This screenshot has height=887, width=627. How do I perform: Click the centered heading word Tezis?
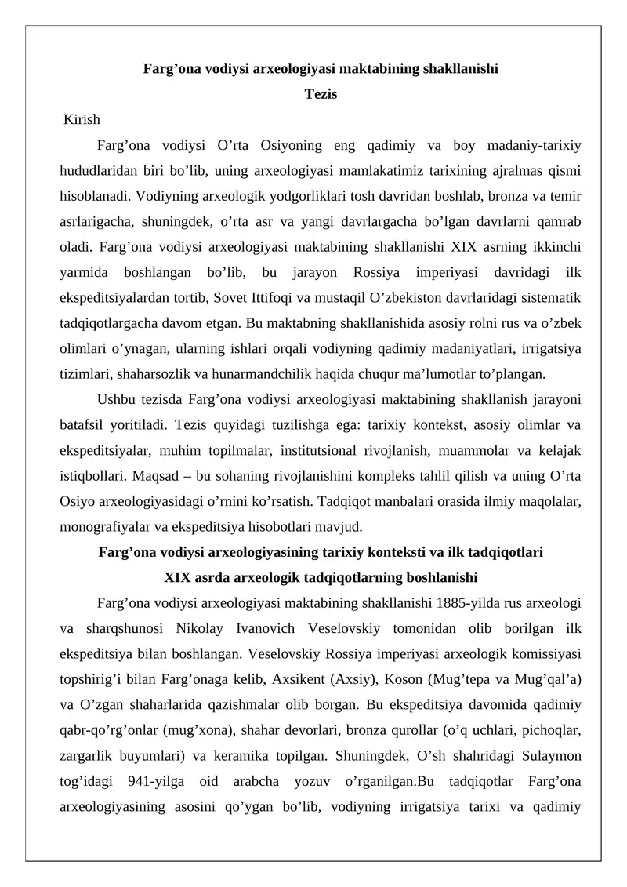[321, 94]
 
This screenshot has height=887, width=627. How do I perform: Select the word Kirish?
[82, 120]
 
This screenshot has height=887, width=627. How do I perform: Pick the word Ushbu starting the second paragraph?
[117, 400]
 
